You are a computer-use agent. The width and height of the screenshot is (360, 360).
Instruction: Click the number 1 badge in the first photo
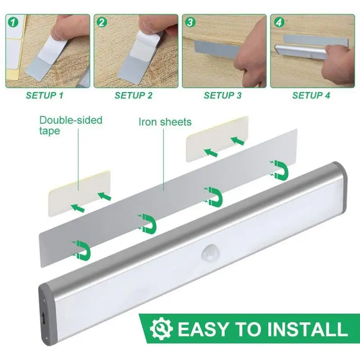click(x=13, y=21)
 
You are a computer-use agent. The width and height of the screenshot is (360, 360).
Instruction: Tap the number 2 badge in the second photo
click(x=102, y=21)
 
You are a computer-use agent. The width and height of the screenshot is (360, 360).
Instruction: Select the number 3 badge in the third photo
click(x=190, y=21)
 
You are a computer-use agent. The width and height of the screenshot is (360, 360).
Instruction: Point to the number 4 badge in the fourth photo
click(x=279, y=21)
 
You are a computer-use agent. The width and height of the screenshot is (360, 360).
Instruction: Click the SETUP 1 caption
click(x=45, y=95)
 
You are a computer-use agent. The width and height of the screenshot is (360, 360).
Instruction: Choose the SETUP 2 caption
click(x=134, y=95)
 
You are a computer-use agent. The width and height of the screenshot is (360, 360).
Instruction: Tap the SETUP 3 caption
click(x=222, y=95)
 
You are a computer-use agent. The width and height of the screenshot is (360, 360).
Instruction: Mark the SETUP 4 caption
click(x=311, y=95)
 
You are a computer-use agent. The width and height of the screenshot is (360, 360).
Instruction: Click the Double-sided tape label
click(x=71, y=125)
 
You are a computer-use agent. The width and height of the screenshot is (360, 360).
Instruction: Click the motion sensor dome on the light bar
click(x=208, y=252)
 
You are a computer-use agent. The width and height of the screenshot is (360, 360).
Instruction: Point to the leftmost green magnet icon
click(x=81, y=249)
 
